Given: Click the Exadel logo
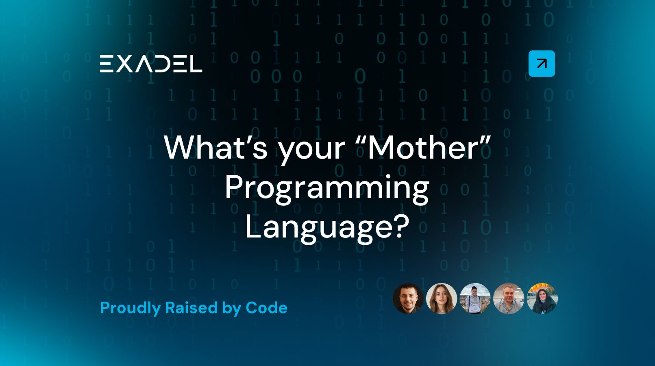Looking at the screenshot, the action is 151,63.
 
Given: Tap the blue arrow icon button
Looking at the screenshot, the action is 542,63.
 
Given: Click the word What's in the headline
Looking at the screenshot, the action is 216,147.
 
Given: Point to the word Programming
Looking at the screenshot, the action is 327,189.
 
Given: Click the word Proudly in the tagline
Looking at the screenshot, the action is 131,308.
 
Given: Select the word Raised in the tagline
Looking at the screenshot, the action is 191,308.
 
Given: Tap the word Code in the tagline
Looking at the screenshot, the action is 267,308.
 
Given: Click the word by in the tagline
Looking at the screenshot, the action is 232,309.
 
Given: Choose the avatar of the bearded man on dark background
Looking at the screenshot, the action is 408,298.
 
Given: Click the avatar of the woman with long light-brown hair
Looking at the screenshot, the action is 442,298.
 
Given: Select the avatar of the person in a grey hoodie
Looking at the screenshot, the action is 475,298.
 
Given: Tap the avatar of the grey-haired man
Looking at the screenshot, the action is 509,298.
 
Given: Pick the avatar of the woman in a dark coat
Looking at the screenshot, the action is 542,298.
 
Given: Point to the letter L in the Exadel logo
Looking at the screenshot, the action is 194,63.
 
